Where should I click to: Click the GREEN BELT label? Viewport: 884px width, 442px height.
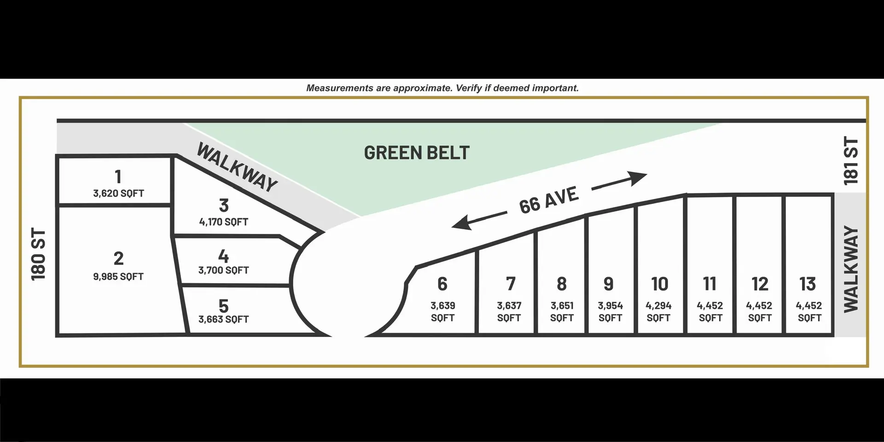[x=417, y=153]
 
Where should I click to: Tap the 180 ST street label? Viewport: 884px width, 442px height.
[x=39, y=254]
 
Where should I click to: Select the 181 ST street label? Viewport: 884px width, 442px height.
[x=851, y=161]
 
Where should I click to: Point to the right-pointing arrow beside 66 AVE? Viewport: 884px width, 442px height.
[x=619, y=180]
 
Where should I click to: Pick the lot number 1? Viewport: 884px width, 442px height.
[x=118, y=177]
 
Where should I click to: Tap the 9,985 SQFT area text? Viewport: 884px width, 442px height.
[x=118, y=277]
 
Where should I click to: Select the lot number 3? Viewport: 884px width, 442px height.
[x=224, y=205]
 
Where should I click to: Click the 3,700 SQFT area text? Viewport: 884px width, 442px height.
[x=224, y=270]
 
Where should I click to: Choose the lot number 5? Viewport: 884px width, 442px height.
[x=224, y=306]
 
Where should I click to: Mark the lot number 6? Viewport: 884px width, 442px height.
[x=442, y=284]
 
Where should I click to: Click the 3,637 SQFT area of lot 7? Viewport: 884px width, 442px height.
[x=509, y=312]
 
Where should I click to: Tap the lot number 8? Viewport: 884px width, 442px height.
[x=562, y=284]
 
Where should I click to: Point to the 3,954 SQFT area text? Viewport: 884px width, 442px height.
[x=611, y=312]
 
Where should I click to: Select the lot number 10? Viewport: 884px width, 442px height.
[x=659, y=284]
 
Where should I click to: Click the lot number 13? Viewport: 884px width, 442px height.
[x=808, y=284]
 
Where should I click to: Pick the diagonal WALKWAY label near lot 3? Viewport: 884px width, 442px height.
[x=237, y=167]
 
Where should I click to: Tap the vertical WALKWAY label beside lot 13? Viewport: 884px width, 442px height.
[x=851, y=269]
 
